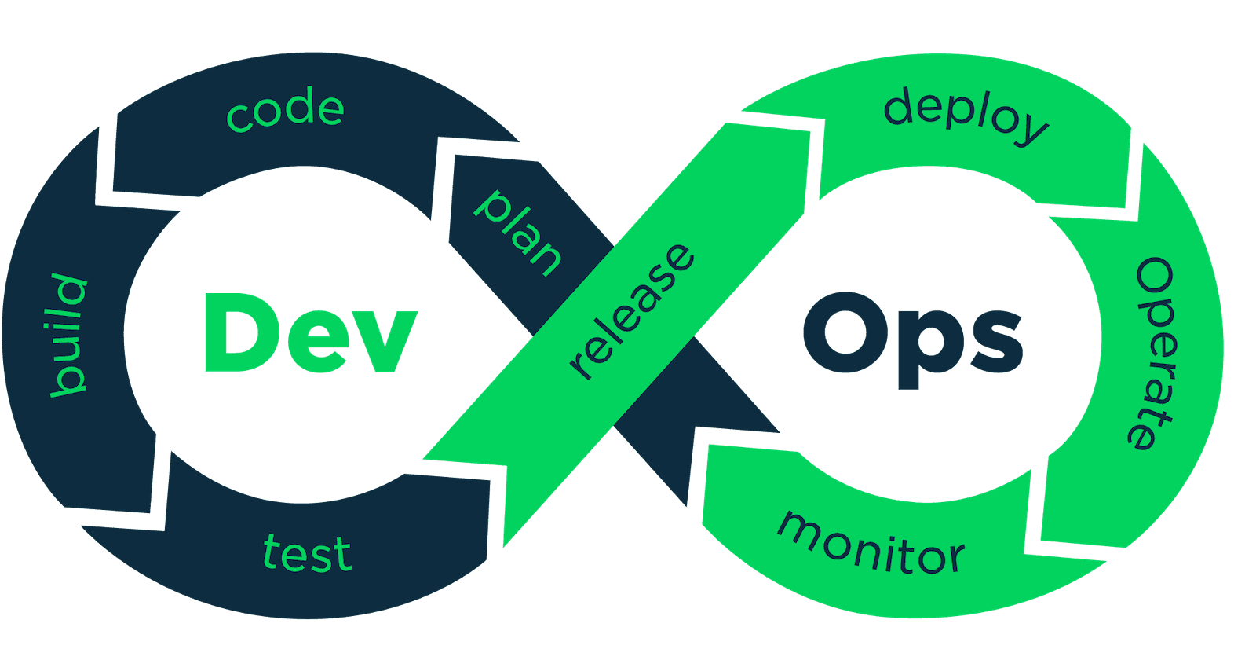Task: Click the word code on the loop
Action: pos(285,110)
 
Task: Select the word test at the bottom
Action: pos(307,553)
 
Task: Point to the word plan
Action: pos(518,233)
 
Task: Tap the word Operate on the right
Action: pos(1155,353)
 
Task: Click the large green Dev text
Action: pos(309,333)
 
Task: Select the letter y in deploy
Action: pos(1030,130)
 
